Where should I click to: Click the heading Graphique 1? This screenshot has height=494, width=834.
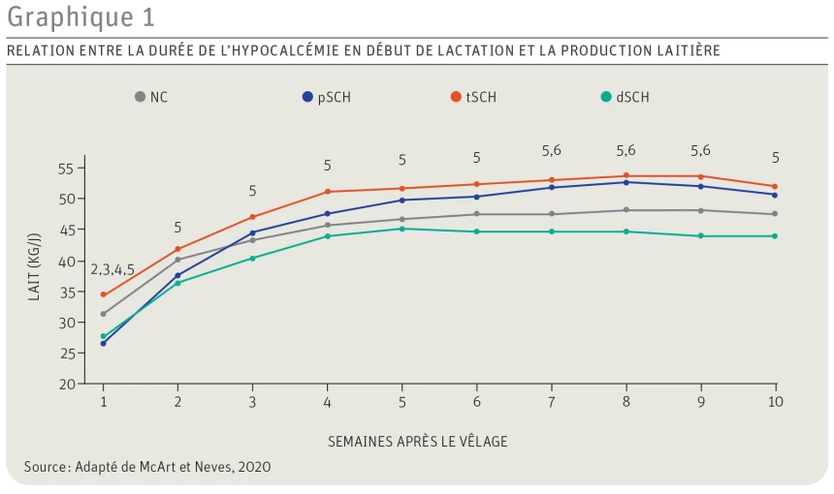(80, 17)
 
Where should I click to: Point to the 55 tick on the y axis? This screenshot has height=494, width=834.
(66, 169)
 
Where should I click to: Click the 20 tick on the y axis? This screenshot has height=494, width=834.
(66, 384)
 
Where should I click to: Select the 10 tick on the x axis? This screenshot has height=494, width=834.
(774, 401)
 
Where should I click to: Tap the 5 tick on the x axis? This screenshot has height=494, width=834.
(401, 401)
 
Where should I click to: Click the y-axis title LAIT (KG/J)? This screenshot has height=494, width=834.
(34, 273)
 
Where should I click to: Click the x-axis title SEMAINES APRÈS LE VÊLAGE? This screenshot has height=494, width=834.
(417, 442)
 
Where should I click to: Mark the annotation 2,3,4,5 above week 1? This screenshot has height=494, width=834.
(112, 270)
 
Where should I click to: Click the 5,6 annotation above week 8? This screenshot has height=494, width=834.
(625, 150)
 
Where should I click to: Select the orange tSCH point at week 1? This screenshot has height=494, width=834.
(104, 294)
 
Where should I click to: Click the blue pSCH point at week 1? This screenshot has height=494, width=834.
(104, 343)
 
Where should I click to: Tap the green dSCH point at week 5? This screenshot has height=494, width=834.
(401, 229)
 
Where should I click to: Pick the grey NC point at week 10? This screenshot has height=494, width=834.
(774, 214)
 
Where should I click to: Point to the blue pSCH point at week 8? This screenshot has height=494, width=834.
(625, 182)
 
